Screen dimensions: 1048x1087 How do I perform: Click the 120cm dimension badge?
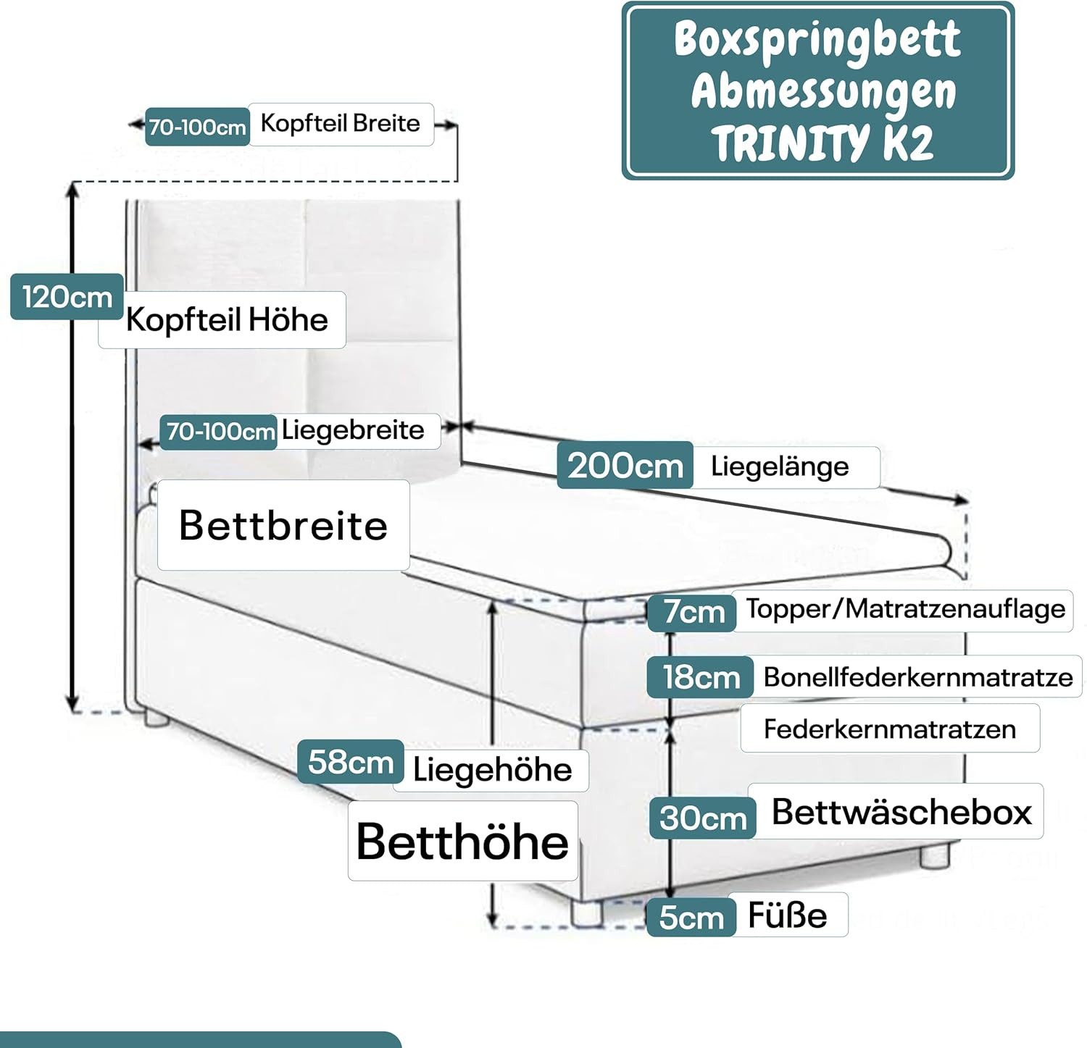pos(67,297)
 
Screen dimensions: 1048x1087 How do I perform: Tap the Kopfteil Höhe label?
pos(226,319)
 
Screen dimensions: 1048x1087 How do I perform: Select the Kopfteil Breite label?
pos(340,123)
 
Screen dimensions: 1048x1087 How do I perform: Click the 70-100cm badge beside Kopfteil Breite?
pos(197,127)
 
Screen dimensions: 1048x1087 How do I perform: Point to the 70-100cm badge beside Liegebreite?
pos(220,432)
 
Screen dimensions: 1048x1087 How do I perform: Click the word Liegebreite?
pos(353,430)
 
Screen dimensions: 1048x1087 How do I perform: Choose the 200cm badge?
pos(625,465)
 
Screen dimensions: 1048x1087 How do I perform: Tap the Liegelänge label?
pos(780,466)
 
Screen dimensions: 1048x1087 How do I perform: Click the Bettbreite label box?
pos(283,525)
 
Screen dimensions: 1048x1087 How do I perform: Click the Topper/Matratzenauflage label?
pos(905,609)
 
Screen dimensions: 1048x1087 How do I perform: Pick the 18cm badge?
pos(701,677)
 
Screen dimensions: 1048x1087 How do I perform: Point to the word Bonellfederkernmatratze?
pos(917,677)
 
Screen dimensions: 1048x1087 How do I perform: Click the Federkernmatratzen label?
pos(889,729)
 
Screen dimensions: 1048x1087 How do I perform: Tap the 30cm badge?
pos(702,818)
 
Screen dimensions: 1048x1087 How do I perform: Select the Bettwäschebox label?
pos(901,811)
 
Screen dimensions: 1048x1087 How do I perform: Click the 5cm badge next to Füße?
pos(691,917)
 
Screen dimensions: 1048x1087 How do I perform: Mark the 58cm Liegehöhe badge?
pos(351,761)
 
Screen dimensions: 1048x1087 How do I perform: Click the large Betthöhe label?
pos(462,842)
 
